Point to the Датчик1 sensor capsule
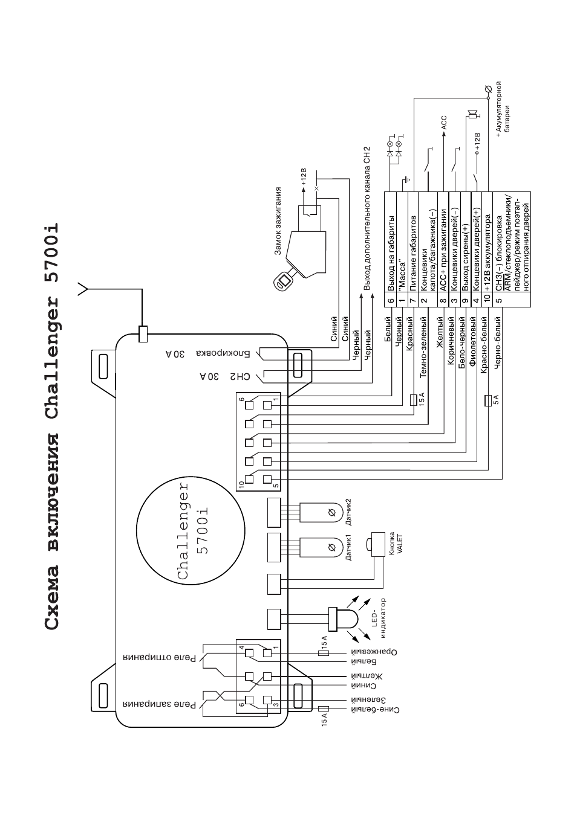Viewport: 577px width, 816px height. [x=321, y=547]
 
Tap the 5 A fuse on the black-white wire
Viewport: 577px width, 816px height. [x=488, y=400]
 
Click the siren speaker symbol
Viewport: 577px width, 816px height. [x=473, y=115]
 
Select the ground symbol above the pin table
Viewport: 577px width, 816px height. [x=406, y=179]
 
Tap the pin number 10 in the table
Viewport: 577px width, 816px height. [x=487, y=298]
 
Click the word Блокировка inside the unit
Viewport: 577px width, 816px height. [x=223, y=353]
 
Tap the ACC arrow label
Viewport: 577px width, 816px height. [x=444, y=123]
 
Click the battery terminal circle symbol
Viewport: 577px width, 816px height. [x=488, y=89]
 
